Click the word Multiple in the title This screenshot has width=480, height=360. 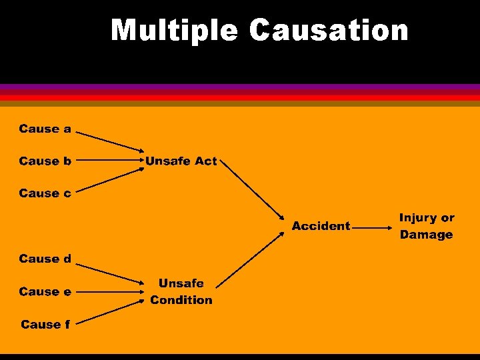(x=175, y=31)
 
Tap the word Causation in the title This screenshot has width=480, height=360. (x=329, y=31)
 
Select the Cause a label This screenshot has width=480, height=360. (x=45, y=129)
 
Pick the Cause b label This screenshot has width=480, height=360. (x=45, y=161)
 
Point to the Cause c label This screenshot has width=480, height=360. (x=45, y=193)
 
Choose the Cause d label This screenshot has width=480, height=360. (x=45, y=259)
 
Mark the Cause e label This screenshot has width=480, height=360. (x=45, y=291)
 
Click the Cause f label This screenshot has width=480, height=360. (x=45, y=325)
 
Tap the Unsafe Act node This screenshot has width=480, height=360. (x=181, y=161)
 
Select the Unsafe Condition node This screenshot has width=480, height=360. (x=181, y=291)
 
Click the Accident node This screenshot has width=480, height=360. (x=321, y=226)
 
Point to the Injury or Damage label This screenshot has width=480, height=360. (x=427, y=226)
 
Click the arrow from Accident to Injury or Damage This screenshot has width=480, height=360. (x=373, y=227)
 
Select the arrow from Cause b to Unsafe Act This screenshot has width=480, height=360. (x=110, y=161)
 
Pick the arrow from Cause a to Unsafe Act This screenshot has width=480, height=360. (x=110, y=141)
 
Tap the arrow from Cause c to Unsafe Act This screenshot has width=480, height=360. (x=110, y=180)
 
